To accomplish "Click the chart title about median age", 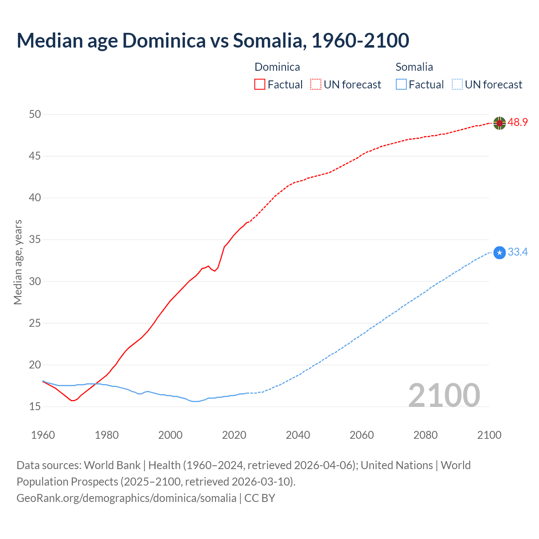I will [x=213, y=40].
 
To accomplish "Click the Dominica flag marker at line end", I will [x=499, y=123].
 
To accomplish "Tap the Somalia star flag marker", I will [x=499, y=253].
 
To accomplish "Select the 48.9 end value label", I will [x=518, y=123].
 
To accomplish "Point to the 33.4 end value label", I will [x=518, y=252].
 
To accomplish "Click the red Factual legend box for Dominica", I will [x=260, y=85].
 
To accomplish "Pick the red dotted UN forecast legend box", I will [x=316, y=85].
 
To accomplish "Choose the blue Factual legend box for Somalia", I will [x=401, y=85].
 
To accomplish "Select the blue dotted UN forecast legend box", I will [x=457, y=85].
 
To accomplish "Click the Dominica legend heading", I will [x=277, y=67].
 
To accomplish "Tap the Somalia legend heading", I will [x=414, y=67].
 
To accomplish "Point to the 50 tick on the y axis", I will [x=35, y=114].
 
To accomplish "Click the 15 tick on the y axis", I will [x=35, y=407].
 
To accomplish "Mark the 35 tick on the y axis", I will [x=35, y=240].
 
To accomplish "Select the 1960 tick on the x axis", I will [x=43, y=435].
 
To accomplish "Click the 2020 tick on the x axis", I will [x=234, y=435].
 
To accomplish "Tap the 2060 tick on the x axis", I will [x=362, y=435].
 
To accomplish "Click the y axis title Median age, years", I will [x=18, y=262].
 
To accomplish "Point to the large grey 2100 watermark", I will [x=444, y=395].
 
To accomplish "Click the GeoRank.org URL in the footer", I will [x=126, y=498].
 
